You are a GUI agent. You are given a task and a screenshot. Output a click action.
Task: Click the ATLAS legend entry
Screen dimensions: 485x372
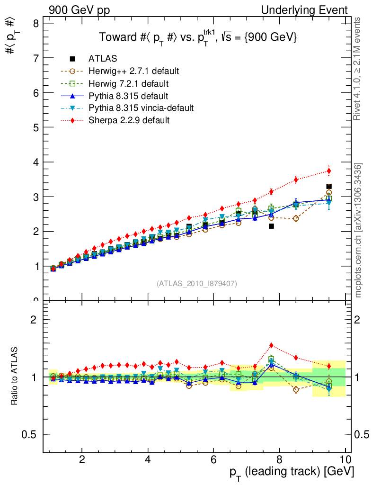[103, 59]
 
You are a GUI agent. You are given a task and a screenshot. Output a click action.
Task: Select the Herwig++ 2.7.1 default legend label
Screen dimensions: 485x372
[133, 71]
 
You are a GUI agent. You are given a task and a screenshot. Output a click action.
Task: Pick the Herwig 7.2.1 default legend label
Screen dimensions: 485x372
[128, 83]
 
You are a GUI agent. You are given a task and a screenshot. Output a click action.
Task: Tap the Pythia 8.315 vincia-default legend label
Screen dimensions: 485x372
[141, 108]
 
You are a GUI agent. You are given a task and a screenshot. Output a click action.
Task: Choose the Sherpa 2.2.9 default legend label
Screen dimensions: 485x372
[129, 120]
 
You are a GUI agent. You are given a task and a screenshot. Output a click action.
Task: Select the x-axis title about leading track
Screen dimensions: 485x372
[292, 472]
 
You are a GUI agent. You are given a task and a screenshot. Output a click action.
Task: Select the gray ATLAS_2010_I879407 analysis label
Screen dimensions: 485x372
[197, 284]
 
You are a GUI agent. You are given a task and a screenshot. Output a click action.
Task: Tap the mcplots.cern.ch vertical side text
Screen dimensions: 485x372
[358, 230]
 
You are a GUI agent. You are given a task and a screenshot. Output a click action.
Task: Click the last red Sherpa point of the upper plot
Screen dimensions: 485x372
[329, 171]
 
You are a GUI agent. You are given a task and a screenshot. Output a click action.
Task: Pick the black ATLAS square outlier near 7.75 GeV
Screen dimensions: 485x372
[271, 226]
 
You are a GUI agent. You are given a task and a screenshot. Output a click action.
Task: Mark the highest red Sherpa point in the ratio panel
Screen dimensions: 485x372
[271, 346]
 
